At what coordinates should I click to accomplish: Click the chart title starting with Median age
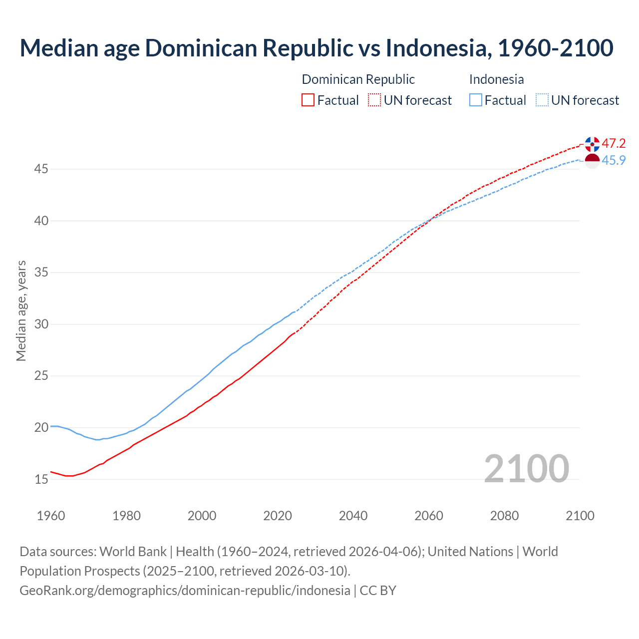click(317, 48)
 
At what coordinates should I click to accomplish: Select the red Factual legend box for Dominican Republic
click(308, 100)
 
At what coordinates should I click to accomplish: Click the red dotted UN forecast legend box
click(374, 100)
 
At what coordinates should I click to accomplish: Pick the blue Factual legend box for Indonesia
click(476, 100)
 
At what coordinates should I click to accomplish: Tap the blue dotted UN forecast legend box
click(542, 100)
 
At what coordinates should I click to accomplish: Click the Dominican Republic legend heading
click(358, 79)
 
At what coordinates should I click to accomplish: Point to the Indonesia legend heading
click(496, 79)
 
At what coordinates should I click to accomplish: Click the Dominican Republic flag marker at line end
click(592, 144)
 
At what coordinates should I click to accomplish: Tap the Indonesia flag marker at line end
click(592, 161)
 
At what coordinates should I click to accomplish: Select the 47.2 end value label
click(614, 144)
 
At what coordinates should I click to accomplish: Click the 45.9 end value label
click(614, 160)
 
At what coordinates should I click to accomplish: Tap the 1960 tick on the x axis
click(51, 516)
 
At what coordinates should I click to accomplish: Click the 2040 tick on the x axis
click(353, 516)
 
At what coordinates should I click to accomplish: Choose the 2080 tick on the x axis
click(504, 516)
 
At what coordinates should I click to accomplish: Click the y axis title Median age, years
click(21, 311)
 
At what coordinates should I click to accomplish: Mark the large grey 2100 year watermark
click(526, 469)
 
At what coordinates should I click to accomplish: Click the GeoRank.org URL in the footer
click(185, 591)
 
